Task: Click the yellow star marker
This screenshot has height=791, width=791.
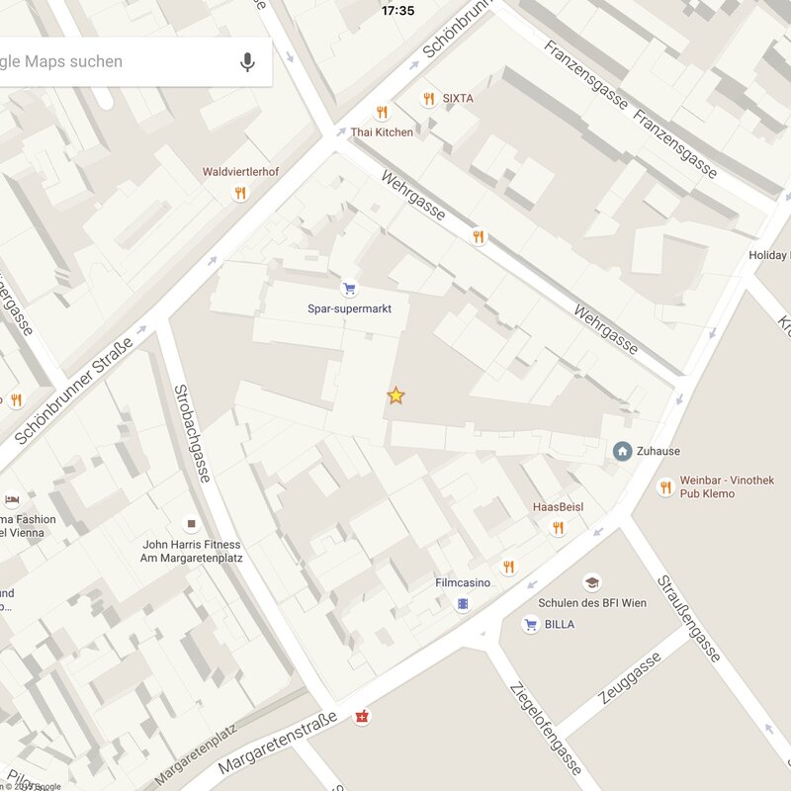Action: click(x=395, y=395)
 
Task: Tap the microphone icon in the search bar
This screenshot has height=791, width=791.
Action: click(x=247, y=62)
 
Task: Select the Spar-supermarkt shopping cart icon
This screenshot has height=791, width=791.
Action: click(x=348, y=289)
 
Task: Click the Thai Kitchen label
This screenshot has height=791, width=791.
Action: click(x=382, y=132)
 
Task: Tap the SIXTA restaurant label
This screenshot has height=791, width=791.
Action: click(x=458, y=99)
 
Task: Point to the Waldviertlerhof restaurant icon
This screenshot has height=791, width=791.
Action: click(x=239, y=193)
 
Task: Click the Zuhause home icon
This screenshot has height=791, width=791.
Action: click(x=622, y=451)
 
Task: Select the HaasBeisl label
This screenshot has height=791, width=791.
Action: click(x=558, y=507)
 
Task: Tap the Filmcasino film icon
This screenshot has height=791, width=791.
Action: click(x=462, y=603)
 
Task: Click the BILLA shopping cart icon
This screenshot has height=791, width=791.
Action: click(x=531, y=624)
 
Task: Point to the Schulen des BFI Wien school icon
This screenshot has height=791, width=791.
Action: click(x=591, y=582)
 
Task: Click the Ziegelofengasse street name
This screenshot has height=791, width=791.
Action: click(x=546, y=730)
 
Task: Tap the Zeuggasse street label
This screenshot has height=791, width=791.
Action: click(x=629, y=680)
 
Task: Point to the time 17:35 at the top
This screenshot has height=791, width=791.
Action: click(x=397, y=11)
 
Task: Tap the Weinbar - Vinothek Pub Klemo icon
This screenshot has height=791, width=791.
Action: click(x=664, y=486)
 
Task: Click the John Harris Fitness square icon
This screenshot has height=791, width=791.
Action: click(x=191, y=524)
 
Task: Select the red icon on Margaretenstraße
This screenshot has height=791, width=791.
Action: click(x=362, y=717)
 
